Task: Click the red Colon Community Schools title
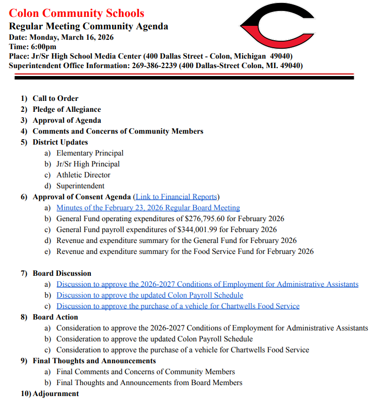tap(76, 13)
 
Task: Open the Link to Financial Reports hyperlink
tap(176, 197)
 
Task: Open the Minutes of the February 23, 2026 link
tap(148, 208)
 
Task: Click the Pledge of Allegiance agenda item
tap(66, 109)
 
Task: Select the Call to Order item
tap(56, 98)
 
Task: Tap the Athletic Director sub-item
tap(83, 175)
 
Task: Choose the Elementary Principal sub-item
tap(90, 153)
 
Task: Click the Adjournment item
tap(56, 394)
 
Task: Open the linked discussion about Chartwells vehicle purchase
tap(178, 306)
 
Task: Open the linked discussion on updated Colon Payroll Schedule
tap(149, 295)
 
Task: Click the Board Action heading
tap(56, 317)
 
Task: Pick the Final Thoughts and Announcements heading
tap(94, 361)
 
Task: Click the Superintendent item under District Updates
tap(80, 186)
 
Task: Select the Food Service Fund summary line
tap(185, 251)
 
